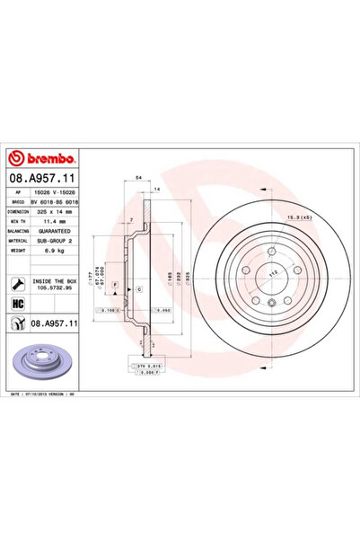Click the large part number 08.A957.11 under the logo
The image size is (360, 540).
tap(43, 180)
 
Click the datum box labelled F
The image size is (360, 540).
tap(115, 284)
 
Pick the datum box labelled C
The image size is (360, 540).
tap(140, 288)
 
